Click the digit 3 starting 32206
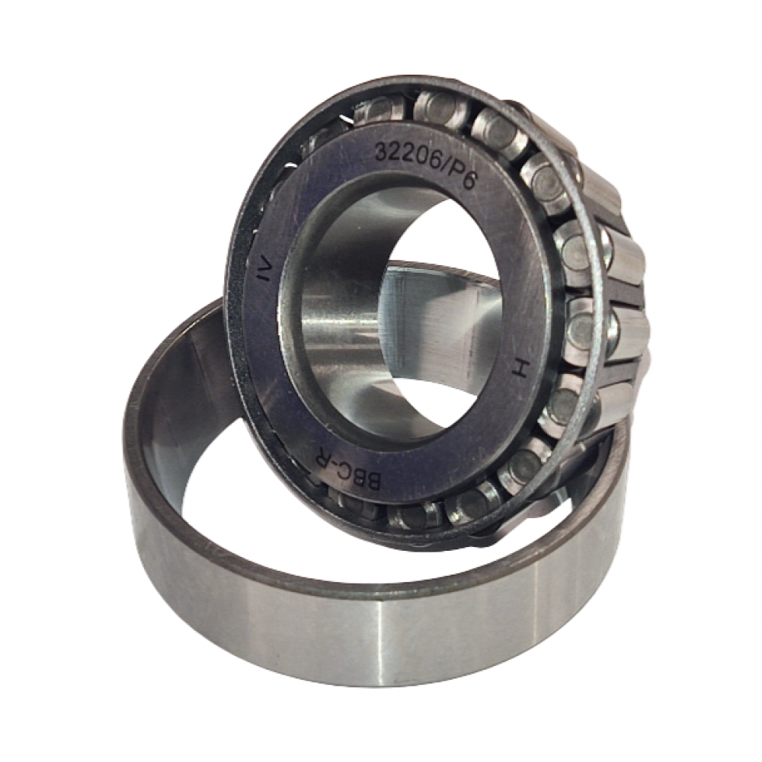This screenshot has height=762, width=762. click(381, 152)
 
